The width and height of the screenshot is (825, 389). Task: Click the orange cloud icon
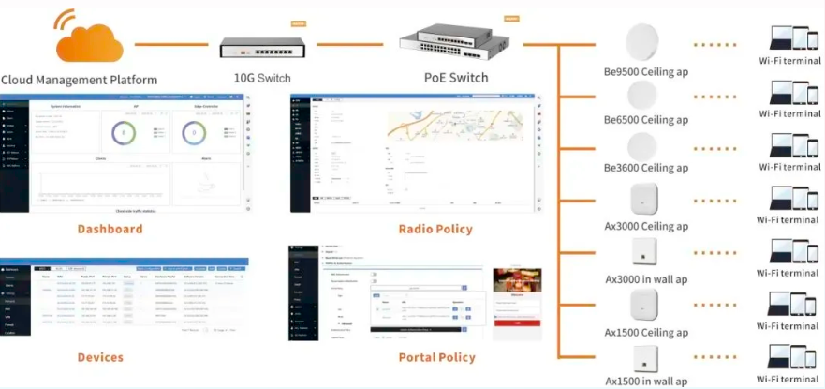89,38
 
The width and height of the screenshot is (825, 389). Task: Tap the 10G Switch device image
261,48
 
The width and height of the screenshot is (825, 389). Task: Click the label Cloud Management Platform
79,80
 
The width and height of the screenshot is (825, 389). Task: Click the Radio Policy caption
435,229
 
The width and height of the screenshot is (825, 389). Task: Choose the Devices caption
100,357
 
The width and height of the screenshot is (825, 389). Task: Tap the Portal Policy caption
436,357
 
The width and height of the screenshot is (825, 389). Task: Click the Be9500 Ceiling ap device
644,42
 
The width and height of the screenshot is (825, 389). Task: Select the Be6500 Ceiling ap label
646,120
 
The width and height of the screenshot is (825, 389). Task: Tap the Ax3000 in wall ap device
644,251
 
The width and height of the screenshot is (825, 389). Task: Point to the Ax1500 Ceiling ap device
644,306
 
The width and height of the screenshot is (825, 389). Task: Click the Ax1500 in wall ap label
646,381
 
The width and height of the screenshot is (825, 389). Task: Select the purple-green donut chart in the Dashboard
124,133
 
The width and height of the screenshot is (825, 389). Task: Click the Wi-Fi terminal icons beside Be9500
788,38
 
